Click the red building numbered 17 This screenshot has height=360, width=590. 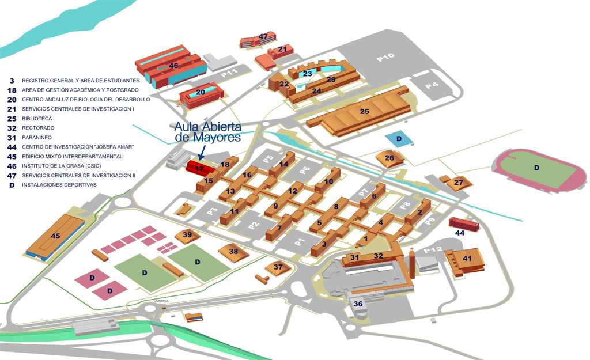tap(200, 168)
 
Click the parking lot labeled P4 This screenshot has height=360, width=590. tap(432, 86)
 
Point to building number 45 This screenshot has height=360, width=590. tap(56, 237)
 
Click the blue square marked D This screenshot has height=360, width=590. tap(399, 139)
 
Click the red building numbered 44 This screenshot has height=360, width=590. tap(464, 224)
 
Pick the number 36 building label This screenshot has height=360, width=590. tap(358, 304)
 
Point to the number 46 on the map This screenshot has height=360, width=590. tap(173, 66)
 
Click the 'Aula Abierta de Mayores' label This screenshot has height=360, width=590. tap(207, 132)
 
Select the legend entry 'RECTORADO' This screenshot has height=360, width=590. tap(38, 128)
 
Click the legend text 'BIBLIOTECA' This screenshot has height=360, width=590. tap(37, 119)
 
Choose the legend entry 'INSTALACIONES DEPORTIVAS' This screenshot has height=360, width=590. tap(59, 185)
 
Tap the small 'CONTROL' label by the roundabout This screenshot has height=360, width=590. tap(161, 301)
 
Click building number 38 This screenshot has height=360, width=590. tap(233, 253)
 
